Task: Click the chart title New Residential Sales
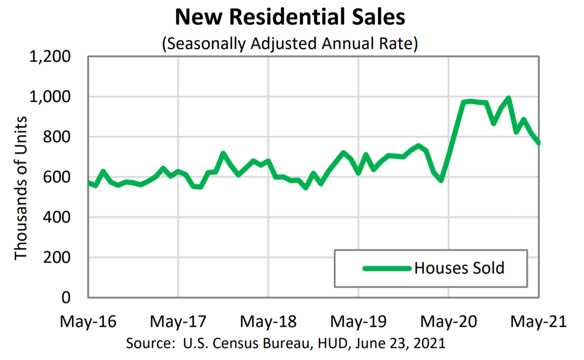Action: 290,18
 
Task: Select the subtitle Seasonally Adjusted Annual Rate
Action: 290,44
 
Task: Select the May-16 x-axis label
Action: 88,322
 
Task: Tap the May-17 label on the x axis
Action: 178,322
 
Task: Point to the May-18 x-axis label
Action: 268,322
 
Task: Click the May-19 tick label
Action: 358,322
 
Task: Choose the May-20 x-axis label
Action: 448,322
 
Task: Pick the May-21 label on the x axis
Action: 538,322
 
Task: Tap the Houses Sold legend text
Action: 459,268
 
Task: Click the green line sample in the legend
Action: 387,268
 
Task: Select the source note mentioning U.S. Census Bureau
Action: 286,343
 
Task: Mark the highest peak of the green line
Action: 509,98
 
